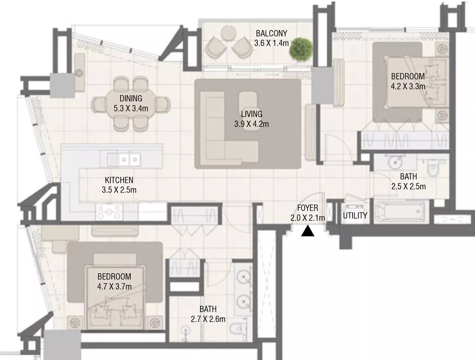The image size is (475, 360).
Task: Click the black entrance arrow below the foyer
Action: point(308,232)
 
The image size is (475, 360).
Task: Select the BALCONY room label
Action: point(271,33)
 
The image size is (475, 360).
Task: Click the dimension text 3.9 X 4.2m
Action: point(251,124)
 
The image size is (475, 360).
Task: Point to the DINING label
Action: point(131,98)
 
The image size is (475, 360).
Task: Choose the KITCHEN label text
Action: point(119,180)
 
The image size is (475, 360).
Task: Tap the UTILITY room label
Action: point(355,216)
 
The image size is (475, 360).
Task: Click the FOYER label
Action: point(307,208)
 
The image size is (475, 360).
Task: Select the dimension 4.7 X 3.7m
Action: point(114,287)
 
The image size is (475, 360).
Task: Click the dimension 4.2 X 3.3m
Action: point(408,86)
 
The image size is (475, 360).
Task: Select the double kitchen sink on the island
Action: point(129,160)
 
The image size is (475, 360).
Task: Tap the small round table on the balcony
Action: point(227,34)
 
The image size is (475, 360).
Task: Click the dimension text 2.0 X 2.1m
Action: point(308,218)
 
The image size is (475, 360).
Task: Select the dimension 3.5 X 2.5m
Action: point(119,190)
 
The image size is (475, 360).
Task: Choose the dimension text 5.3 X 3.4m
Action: point(131,108)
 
